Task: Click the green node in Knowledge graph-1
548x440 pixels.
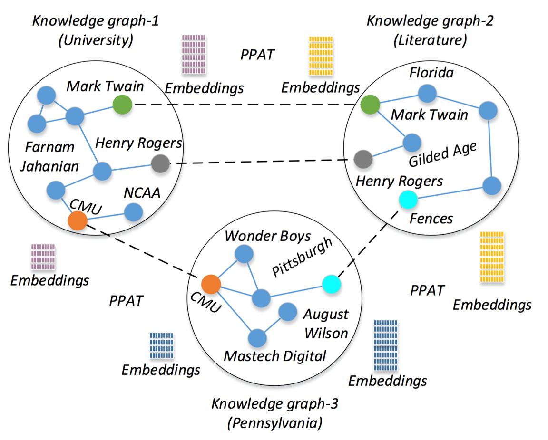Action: click(x=122, y=104)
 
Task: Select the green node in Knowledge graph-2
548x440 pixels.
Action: click(x=370, y=105)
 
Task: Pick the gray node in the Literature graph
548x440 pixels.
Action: click(x=363, y=159)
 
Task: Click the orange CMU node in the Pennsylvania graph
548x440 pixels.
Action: click(x=211, y=284)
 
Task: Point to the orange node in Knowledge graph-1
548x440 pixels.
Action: click(x=78, y=220)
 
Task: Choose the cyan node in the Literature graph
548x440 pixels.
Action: click(x=408, y=199)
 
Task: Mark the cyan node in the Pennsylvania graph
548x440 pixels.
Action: click(x=331, y=284)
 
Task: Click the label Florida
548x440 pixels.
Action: click(x=431, y=73)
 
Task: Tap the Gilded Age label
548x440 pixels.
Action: click(x=442, y=154)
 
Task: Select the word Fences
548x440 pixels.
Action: click(x=431, y=219)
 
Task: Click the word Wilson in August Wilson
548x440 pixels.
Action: click(x=326, y=333)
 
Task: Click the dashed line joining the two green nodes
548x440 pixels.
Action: click(x=245, y=105)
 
